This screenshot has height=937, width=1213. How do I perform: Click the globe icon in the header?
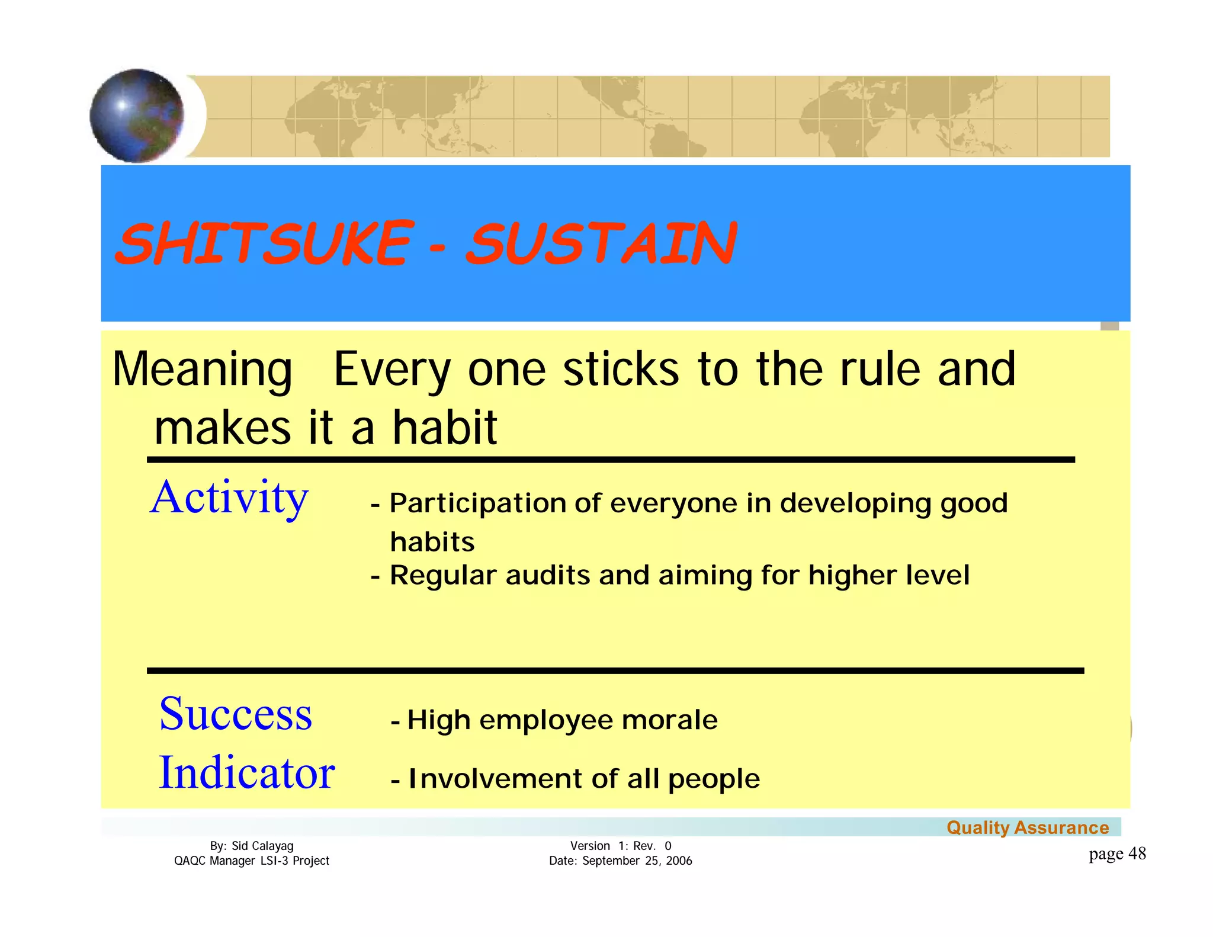pos(137,115)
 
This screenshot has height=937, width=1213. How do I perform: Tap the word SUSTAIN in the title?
pos(602,243)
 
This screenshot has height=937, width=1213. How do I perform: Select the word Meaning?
pos(202,370)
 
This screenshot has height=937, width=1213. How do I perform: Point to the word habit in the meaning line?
pos(445,427)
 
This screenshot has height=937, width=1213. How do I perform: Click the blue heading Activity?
pos(229,498)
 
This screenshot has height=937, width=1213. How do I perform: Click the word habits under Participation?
pos(432,542)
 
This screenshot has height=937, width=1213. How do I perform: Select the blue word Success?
pos(235,714)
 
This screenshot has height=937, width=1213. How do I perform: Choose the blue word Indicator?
pos(246,773)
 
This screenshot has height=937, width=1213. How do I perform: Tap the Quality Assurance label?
pos(1028,827)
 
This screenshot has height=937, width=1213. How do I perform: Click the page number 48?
pos(1137,853)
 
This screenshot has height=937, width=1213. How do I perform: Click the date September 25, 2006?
pos(637,861)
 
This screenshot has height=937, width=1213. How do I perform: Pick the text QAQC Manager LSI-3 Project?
pos(252,861)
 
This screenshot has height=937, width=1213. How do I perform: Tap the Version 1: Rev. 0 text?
pos(621,846)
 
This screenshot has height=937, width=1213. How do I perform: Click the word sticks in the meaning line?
pos(621,370)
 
